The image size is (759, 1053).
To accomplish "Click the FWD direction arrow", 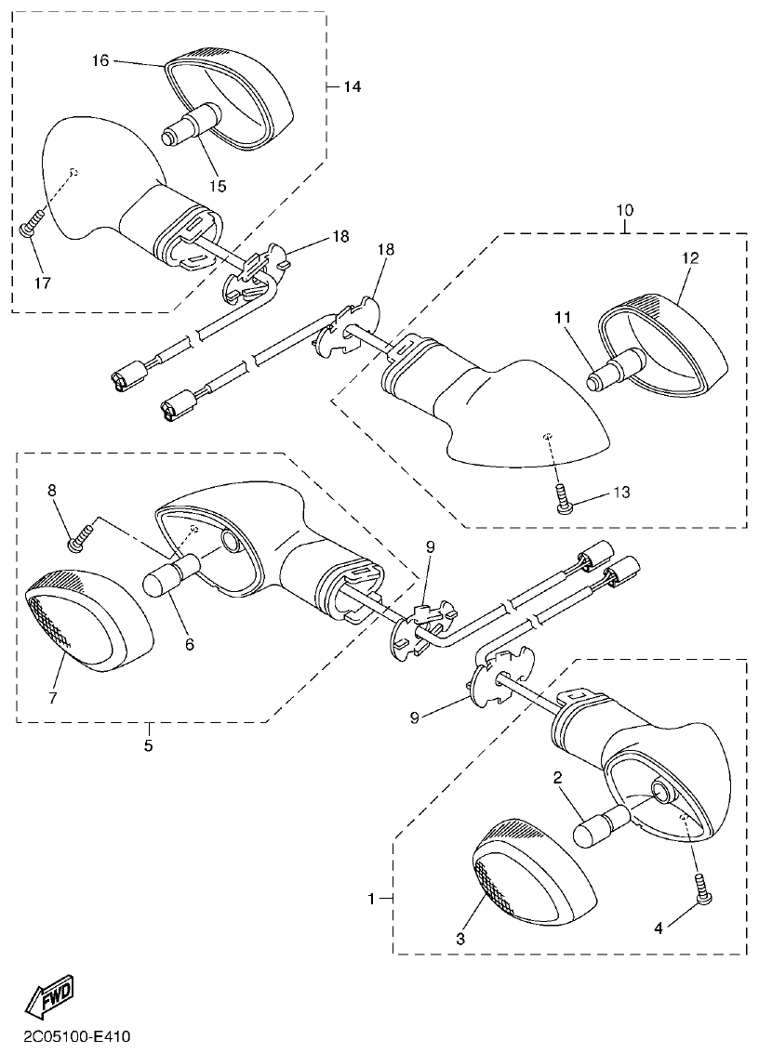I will pos(48,998).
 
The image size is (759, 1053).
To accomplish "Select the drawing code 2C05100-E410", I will pos(71,1034).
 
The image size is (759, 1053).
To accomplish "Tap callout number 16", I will pos(100,60).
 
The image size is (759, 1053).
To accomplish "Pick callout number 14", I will pos(351,86).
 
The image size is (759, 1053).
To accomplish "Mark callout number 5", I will pos(149,745).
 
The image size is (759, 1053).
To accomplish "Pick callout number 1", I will pos(372,899).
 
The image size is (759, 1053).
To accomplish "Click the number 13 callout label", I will pos(620,493).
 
